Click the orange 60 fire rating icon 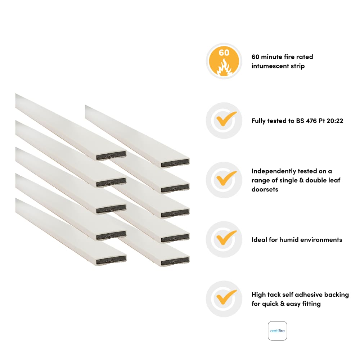coord(224,61)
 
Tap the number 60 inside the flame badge coord(224,53)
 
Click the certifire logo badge coord(278,331)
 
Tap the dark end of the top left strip coord(112,156)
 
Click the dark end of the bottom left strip coord(112,258)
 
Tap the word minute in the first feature coord(275,57)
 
